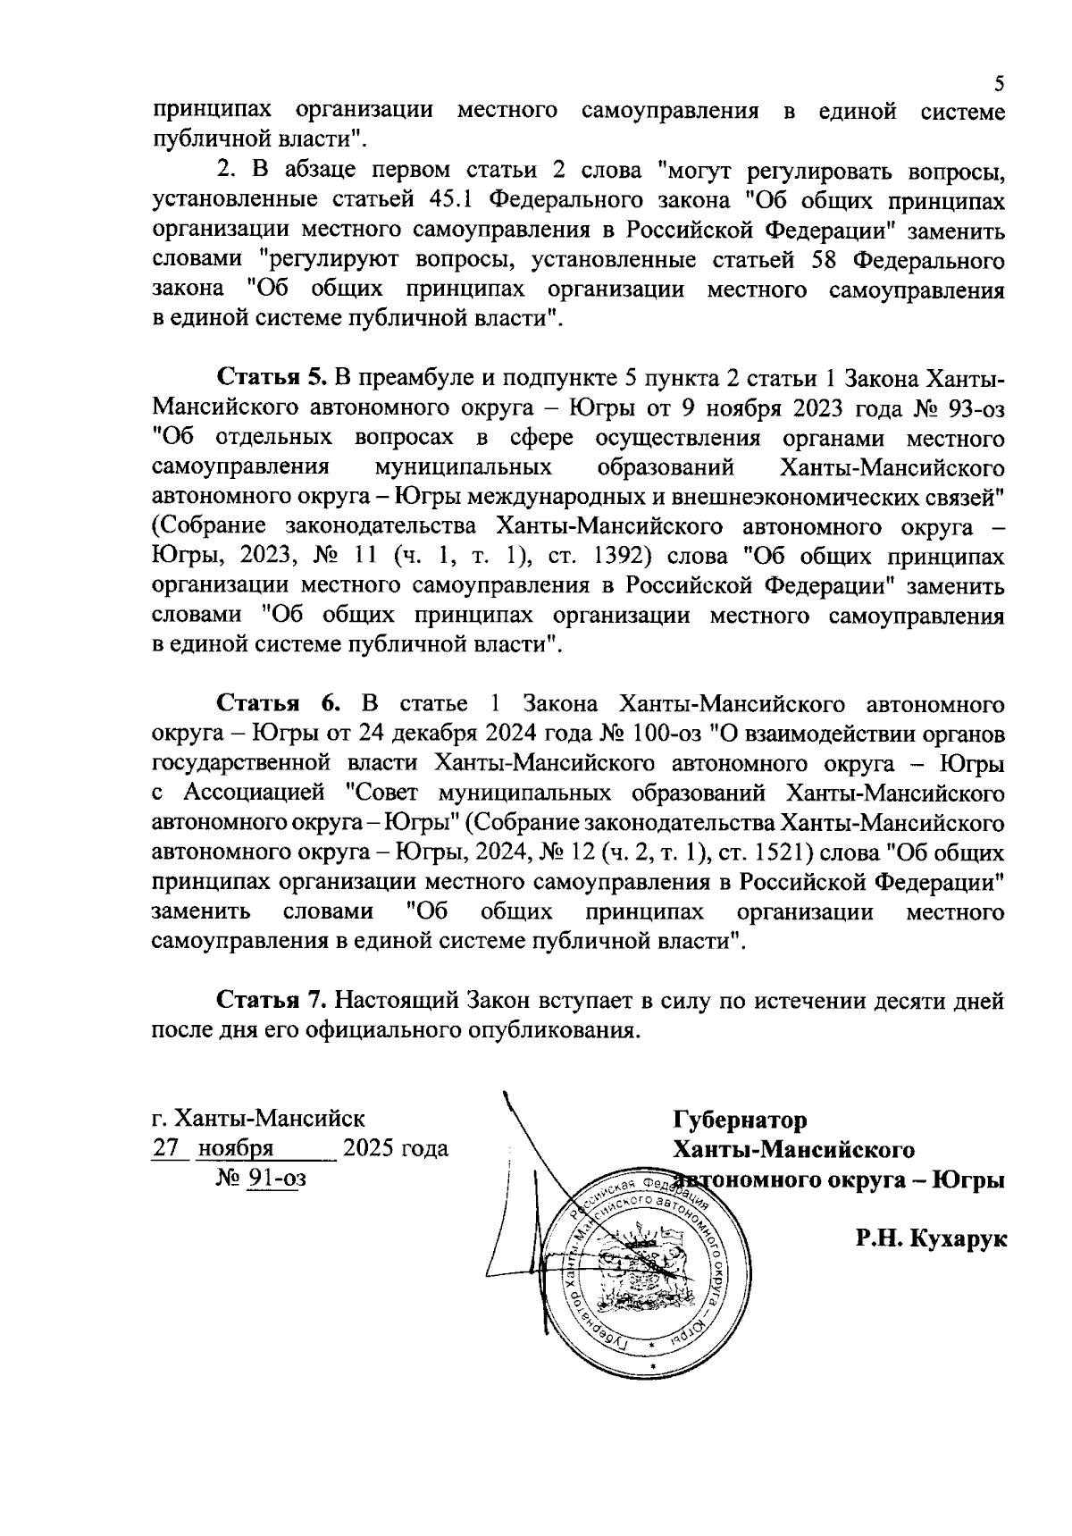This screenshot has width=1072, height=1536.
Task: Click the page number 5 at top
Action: pos(1000,84)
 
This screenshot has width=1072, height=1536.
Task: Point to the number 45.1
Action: pos(447,202)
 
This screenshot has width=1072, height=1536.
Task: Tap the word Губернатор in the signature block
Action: pos(739,1119)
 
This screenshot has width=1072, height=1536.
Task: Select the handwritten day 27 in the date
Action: pos(166,1148)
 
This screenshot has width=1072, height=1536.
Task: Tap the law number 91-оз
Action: pos(277,1179)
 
